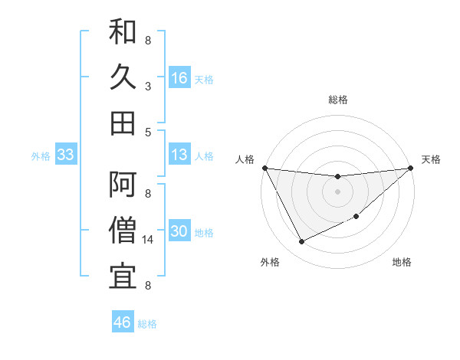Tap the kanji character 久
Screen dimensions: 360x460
tap(123, 78)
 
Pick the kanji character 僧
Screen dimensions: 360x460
tap(123, 229)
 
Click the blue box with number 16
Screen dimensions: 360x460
tap(179, 78)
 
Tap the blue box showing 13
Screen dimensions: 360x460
tap(179, 155)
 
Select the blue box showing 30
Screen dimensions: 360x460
tap(179, 231)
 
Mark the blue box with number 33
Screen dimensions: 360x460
tap(66, 155)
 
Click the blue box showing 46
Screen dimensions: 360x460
tap(123, 322)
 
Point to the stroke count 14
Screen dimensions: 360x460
tap(149, 240)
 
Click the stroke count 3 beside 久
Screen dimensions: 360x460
tap(148, 87)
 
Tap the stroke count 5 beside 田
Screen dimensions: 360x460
tap(148, 132)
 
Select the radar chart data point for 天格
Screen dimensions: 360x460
tap(410, 169)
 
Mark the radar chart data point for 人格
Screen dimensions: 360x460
tap(264, 168)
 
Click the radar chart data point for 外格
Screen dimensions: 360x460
tap(301, 242)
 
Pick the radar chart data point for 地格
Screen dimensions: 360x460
tap(356, 216)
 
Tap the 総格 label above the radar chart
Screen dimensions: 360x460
tap(337, 100)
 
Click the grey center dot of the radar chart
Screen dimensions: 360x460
tap(337, 191)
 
